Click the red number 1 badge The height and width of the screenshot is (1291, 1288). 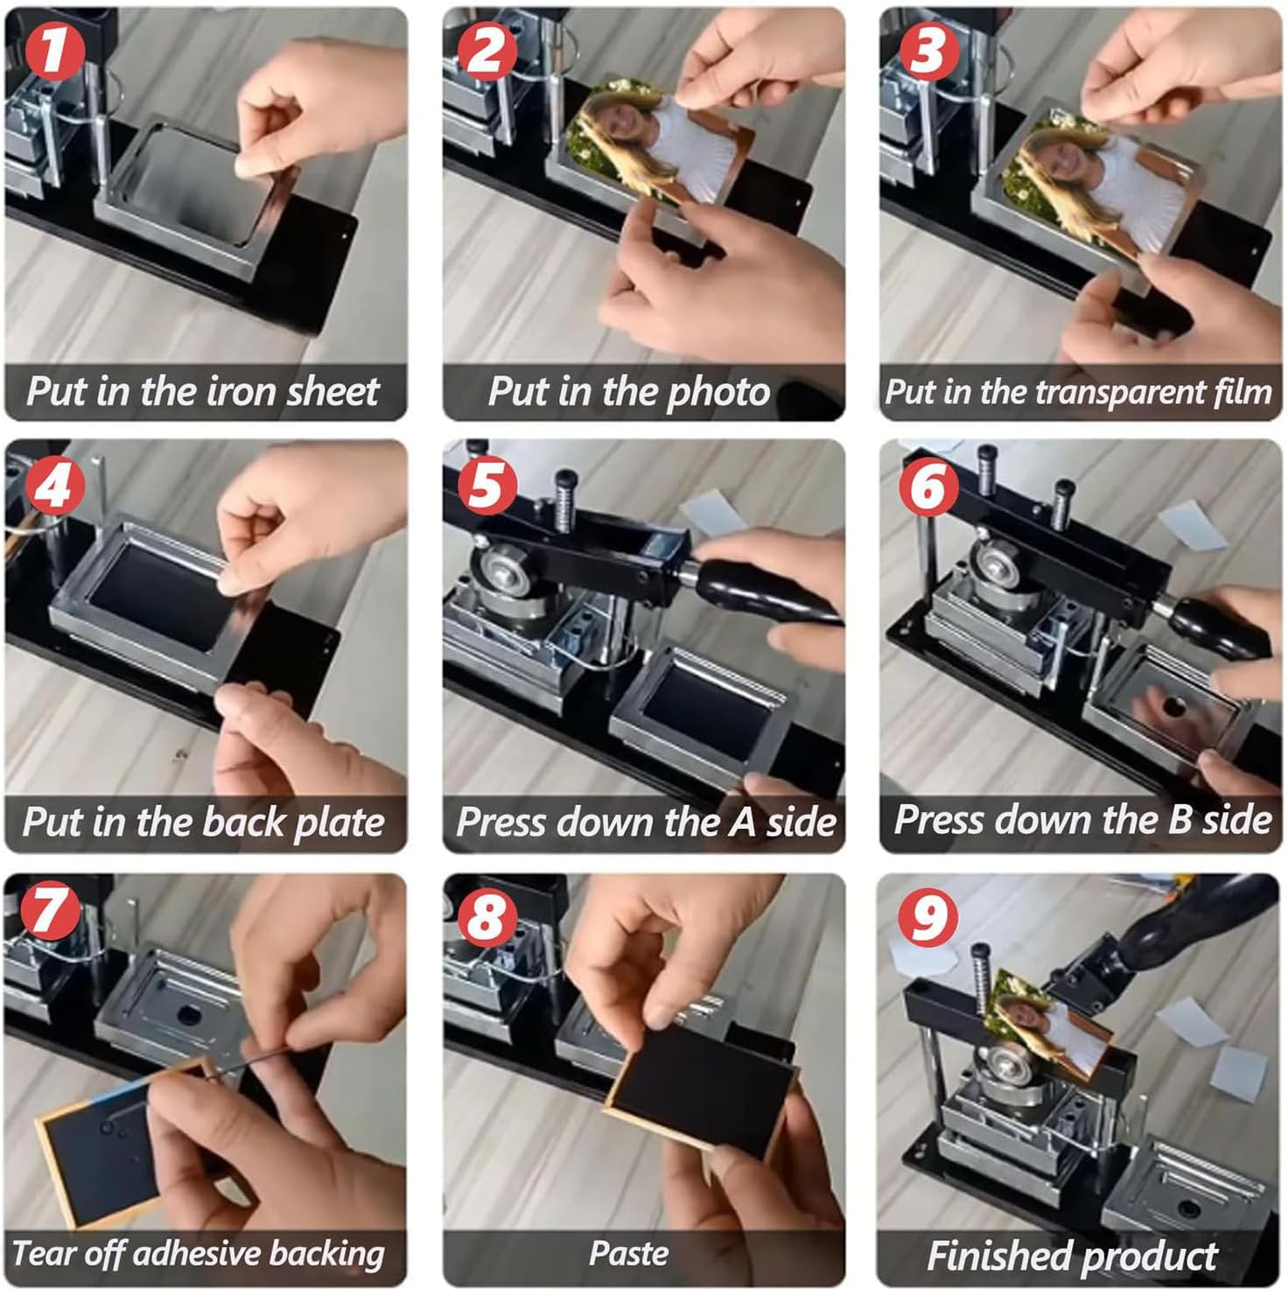tap(54, 50)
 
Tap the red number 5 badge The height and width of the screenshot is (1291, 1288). tap(486, 483)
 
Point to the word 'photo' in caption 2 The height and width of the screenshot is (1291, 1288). tap(718, 392)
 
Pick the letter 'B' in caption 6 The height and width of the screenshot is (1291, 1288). tap(1180, 820)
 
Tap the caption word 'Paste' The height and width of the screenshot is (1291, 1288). tap(629, 1253)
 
